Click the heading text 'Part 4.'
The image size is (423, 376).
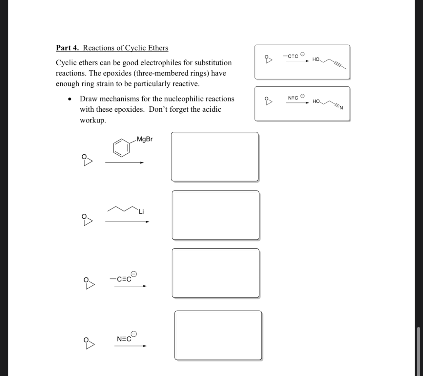[68, 48]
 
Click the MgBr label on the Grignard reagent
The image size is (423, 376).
[145, 139]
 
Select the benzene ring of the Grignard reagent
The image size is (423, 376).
[121, 147]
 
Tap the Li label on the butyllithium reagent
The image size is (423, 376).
[141, 212]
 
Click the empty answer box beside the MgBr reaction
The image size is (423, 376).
[214, 157]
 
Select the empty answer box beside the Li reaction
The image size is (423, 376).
[215, 215]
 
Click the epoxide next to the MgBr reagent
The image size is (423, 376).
[87, 160]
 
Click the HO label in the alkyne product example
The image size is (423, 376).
[316, 59]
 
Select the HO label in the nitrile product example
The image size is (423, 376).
[316, 101]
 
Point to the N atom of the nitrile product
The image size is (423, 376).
[341, 108]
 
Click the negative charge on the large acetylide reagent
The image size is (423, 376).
[134, 274]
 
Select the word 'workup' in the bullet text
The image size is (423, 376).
[92, 120]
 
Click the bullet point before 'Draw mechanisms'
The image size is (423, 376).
[69, 99]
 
